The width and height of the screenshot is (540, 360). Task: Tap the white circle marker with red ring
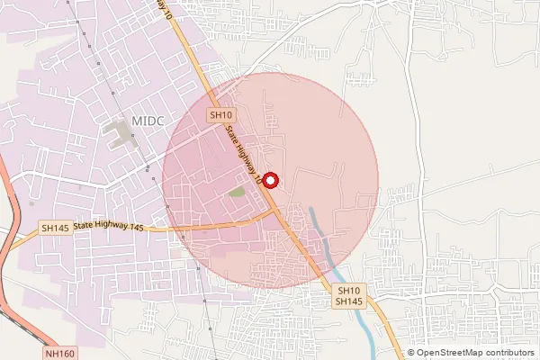[x=270, y=180]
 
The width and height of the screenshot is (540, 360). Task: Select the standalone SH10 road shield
[x=220, y=115]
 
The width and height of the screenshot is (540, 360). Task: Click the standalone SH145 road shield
[x=55, y=229]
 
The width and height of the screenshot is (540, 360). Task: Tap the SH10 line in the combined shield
[x=348, y=291]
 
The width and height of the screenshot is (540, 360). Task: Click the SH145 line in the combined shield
[x=348, y=301]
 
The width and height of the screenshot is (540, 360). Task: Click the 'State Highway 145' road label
[x=109, y=228]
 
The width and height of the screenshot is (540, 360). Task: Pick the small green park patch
[x=237, y=191]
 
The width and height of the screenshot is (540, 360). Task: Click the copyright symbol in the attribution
[x=411, y=353]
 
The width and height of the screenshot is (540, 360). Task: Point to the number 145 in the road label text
[x=135, y=228]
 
